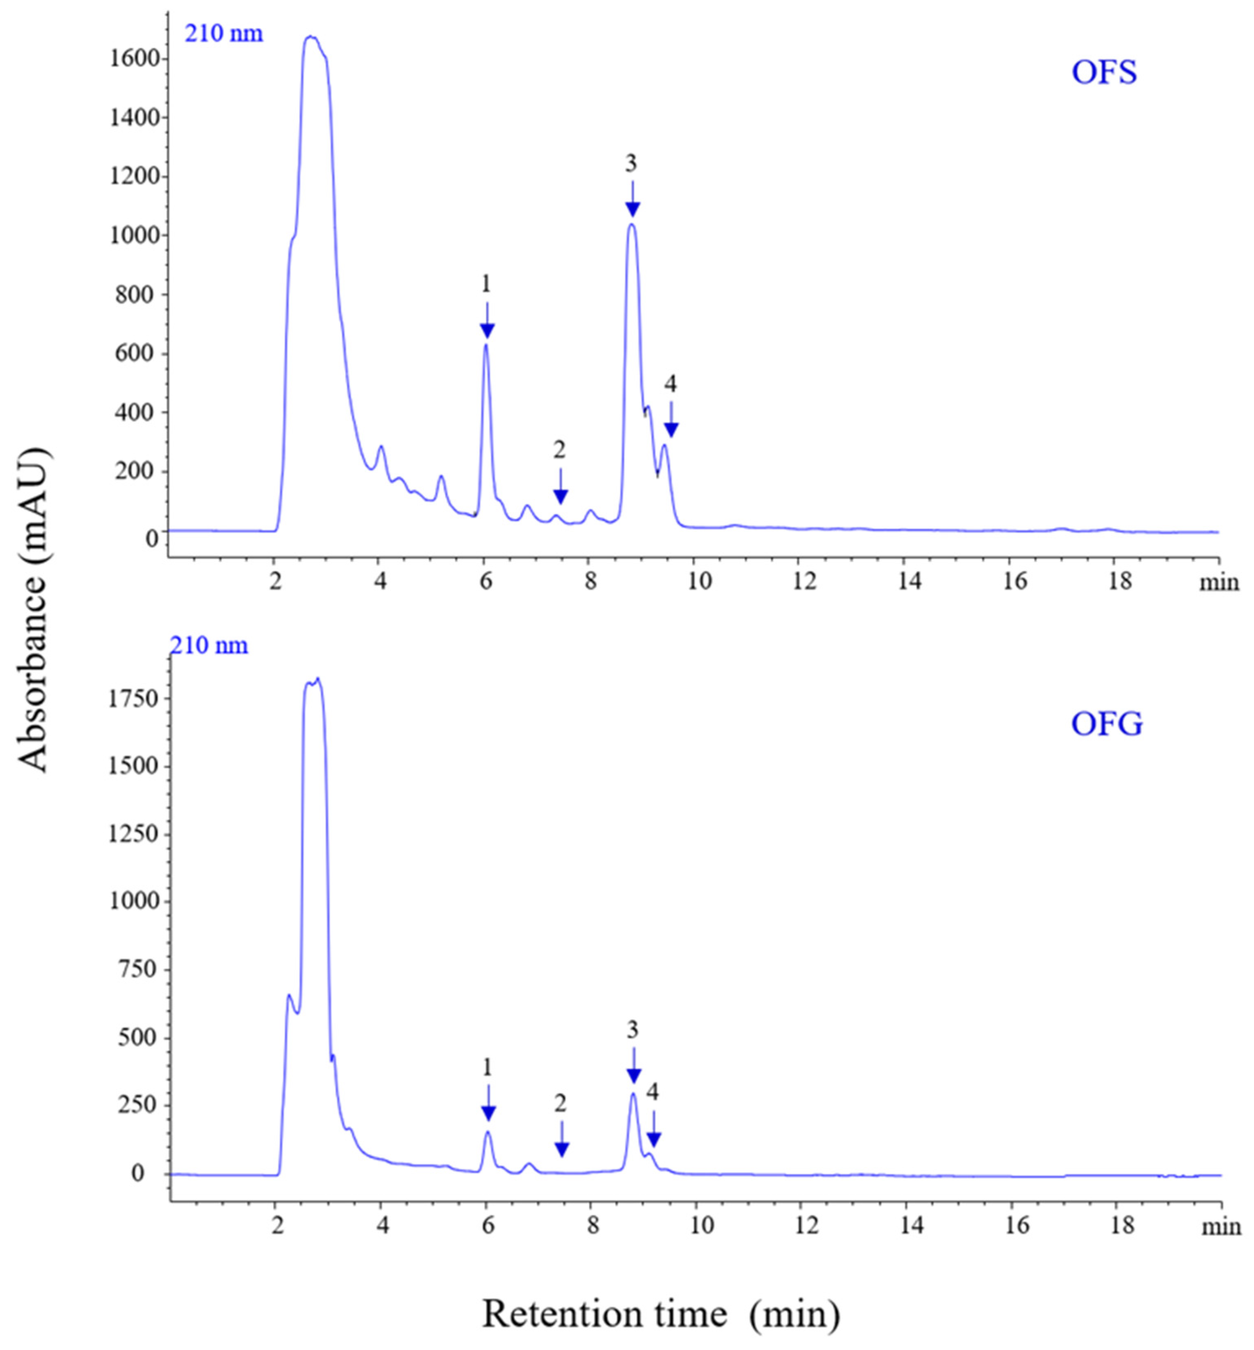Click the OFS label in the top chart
point(1103,72)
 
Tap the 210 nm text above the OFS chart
point(224,33)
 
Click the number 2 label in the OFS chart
point(559,449)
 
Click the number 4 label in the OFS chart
point(671,385)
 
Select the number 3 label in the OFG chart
point(633,1030)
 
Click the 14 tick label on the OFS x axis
point(909,582)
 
